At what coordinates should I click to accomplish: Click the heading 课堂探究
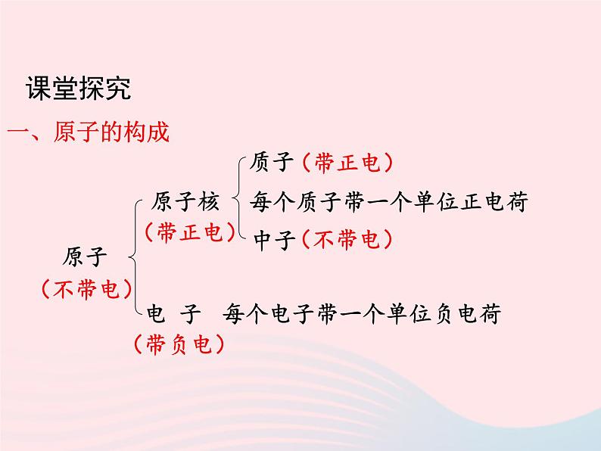point(78,89)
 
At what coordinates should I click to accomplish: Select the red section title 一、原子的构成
point(88,134)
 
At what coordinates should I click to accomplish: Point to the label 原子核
point(185,202)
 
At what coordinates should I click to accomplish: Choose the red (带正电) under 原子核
point(185,233)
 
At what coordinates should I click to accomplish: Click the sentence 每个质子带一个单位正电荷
point(388,202)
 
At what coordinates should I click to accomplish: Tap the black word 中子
point(272,240)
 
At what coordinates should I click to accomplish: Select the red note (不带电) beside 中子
point(345,240)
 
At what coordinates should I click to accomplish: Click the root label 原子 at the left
point(86,257)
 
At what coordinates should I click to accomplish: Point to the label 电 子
point(174,313)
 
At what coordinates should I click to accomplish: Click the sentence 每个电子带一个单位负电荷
point(362,313)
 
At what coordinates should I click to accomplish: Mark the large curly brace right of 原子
point(134,257)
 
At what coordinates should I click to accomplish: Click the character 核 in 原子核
point(210,202)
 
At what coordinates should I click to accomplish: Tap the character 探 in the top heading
point(92,89)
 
